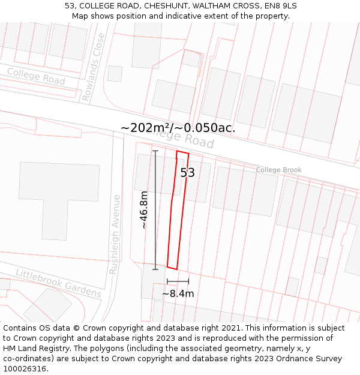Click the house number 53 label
[x=188, y=173]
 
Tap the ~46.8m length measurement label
[x=144, y=210]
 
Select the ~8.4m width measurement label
[x=178, y=294]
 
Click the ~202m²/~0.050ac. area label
[x=178, y=128]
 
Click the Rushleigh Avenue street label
[x=115, y=234]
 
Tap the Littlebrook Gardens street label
[x=58, y=283]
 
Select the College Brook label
[x=278, y=170]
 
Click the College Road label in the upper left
[x=36, y=76]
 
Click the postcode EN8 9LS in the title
[x=278, y=6]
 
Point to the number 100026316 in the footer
[x=25, y=369]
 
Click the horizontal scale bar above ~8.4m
[x=178, y=281]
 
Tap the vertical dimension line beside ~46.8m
[x=155, y=210]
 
